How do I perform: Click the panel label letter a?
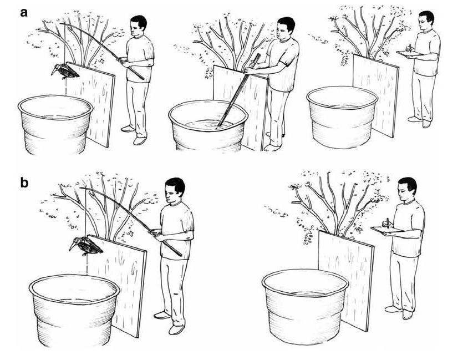click(24, 13)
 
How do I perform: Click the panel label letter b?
click(24, 182)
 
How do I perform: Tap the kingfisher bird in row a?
click(65, 71)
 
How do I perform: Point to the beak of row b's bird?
click(72, 246)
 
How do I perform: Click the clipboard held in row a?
click(409, 53)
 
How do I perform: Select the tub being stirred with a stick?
click(208, 126)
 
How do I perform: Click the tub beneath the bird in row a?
click(55, 124)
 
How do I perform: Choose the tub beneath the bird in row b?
click(74, 311)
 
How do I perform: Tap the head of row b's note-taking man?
click(406, 189)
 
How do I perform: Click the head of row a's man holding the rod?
click(138, 26)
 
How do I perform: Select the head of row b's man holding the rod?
click(175, 191)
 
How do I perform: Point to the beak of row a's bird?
click(54, 72)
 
